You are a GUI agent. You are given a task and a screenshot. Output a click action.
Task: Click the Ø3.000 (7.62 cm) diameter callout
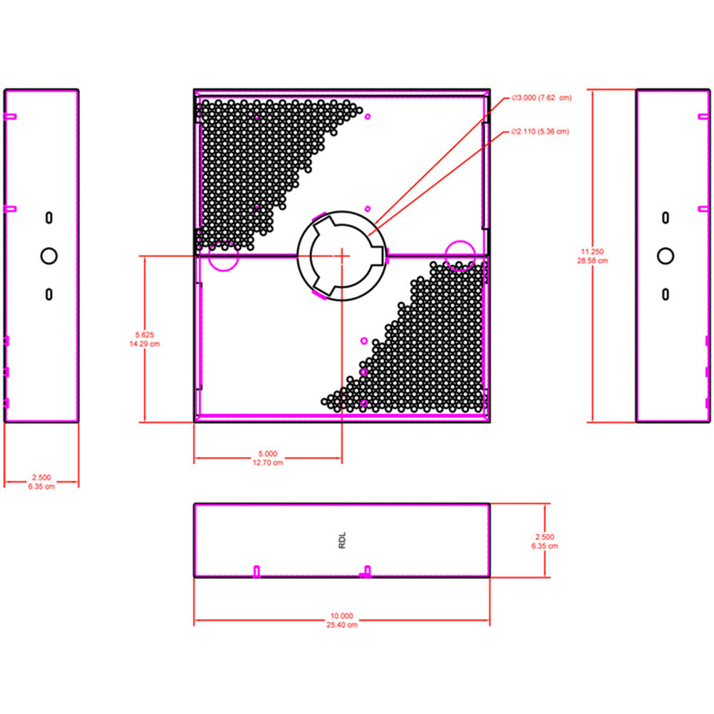coord(541,98)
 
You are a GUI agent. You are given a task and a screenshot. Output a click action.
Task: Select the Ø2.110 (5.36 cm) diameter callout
coord(540,131)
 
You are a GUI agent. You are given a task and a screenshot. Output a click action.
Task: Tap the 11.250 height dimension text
coord(592,251)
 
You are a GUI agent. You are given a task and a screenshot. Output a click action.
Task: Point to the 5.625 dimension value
coord(145,335)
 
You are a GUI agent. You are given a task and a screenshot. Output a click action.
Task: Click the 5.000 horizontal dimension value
coord(268,453)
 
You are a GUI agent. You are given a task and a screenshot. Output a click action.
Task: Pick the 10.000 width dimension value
coord(341,615)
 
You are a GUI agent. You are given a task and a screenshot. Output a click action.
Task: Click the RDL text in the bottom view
coord(343,540)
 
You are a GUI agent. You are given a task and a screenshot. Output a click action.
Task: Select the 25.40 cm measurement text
coord(341,625)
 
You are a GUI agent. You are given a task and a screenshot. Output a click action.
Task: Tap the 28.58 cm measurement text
coord(593,261)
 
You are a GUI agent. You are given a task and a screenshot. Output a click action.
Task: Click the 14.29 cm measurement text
coord(145,344)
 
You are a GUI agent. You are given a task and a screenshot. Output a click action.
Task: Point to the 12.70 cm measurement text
coord(268,463)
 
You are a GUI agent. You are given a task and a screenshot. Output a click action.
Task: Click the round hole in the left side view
coord(49,256)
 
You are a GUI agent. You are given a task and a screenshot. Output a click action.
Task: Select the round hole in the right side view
coord(665,256)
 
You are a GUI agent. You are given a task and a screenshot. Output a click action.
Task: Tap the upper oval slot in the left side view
coord(49,218)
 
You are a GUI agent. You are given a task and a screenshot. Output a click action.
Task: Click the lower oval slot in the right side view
coord(665,295)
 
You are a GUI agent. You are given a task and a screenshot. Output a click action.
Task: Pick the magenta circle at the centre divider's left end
coord(223,256)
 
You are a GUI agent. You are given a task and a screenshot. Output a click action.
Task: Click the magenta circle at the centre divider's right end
coord(461,256)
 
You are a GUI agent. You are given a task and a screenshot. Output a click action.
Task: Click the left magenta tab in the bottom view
coord(257,571)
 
